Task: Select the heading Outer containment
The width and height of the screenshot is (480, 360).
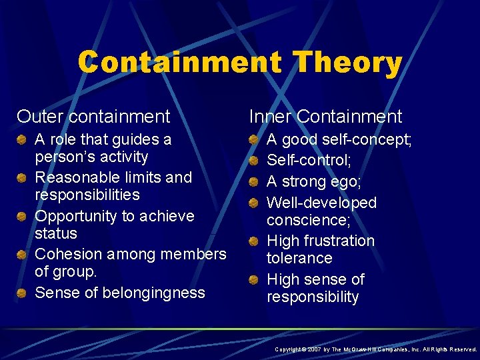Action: [x=94, y=117]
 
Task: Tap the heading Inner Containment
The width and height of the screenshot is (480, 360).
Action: [x=325, y=117]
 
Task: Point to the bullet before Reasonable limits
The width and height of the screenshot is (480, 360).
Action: [x=22, y=177]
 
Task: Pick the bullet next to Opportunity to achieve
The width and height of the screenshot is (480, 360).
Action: [x=22, y=216]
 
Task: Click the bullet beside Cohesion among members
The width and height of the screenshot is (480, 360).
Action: [x=22, y=254]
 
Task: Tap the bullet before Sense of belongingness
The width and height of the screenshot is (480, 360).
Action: [x=22, y=293]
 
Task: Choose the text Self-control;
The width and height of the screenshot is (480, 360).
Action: [x=309, y=160]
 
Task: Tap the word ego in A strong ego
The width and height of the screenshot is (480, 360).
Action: [x=347, y=181]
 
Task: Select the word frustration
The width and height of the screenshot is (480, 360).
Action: [x=337, y=241]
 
